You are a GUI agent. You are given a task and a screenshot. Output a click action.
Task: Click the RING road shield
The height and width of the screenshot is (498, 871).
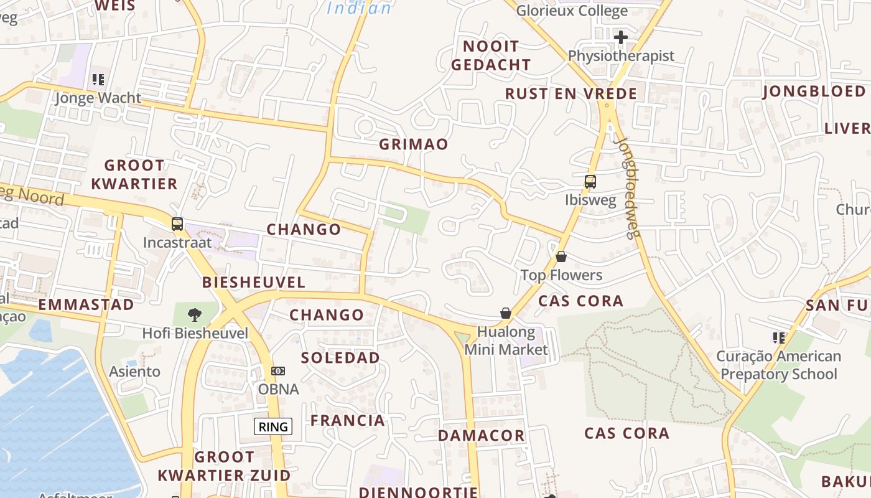pos(273,426)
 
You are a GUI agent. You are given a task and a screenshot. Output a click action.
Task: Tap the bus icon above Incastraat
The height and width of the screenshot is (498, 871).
pos(177,224)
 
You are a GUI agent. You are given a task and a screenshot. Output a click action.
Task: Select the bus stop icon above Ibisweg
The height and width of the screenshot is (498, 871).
pos(590,182)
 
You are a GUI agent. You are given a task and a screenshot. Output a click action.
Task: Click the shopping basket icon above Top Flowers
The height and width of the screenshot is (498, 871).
pos(561,256)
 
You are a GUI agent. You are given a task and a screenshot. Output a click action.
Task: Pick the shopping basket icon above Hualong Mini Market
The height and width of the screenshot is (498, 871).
pos(506,312)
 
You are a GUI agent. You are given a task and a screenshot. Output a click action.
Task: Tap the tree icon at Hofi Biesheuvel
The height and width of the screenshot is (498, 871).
pos(195,314)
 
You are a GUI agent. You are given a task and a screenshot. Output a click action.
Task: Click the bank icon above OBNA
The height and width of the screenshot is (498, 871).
pos(278,371)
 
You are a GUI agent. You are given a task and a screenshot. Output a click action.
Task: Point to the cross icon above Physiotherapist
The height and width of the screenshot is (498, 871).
pos(620,37)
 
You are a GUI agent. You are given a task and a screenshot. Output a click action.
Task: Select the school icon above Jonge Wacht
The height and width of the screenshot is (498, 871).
pos(98,80)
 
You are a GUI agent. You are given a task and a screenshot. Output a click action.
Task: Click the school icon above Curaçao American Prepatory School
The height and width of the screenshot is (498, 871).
pos(778,338)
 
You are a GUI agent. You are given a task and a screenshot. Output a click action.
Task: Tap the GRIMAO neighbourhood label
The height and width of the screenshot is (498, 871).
pos(414,144)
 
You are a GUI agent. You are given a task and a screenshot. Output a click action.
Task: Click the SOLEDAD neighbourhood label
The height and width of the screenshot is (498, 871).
pos(340,358)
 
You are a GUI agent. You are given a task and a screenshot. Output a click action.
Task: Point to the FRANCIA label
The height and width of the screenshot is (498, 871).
pos(348,421)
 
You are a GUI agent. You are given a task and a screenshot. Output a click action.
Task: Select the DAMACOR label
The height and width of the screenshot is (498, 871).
pos(481,436)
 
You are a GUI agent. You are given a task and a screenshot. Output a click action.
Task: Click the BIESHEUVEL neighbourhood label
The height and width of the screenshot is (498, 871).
pos(253,283)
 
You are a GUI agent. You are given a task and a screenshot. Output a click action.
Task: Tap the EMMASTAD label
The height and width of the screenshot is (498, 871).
pos(86,305)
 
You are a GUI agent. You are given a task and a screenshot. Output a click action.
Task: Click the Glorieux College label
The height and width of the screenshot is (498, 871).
pos(572,11)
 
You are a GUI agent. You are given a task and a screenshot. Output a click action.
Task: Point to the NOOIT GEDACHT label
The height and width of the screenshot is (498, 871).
pos(491,55)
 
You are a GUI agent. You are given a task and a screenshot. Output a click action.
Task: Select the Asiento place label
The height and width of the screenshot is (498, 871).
pos(135,372)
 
